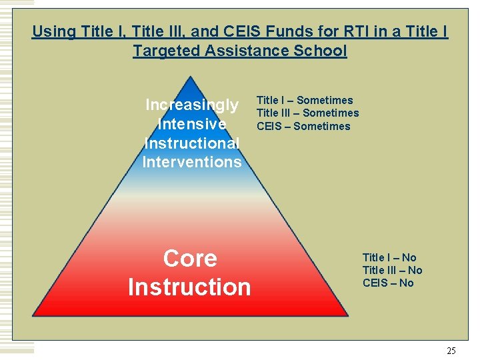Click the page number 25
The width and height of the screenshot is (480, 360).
pyautogui.click(x=451, y=351)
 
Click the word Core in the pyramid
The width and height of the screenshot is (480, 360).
pyautogui.click(x=190, y=259)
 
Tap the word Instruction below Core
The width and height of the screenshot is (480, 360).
pyautogui.click(x=189, y=287)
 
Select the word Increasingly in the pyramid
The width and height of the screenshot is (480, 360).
pyautogui.click(x=192, y=105)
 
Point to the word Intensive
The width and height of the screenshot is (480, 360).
pyautogui.click(x=192, y=124)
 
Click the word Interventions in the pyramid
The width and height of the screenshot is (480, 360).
pyautogui.click(x=192, y=162)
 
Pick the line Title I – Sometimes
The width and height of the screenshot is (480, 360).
pyautogui.click(x=305, y=101)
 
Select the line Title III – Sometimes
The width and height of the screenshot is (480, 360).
pyautogui.click(x=307, y=113)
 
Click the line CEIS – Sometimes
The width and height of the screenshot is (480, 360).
pyautogui.click(x=303, y=126)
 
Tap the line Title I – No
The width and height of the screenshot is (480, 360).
pyautogui.click(x=389, y=257)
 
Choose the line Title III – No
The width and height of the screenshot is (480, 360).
pyautogui.click(x=392, y=270)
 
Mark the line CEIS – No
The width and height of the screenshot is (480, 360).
pyautogui.click(x=388, y=283)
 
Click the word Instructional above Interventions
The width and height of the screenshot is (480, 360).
pyautogui.click(x=192, y=143)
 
